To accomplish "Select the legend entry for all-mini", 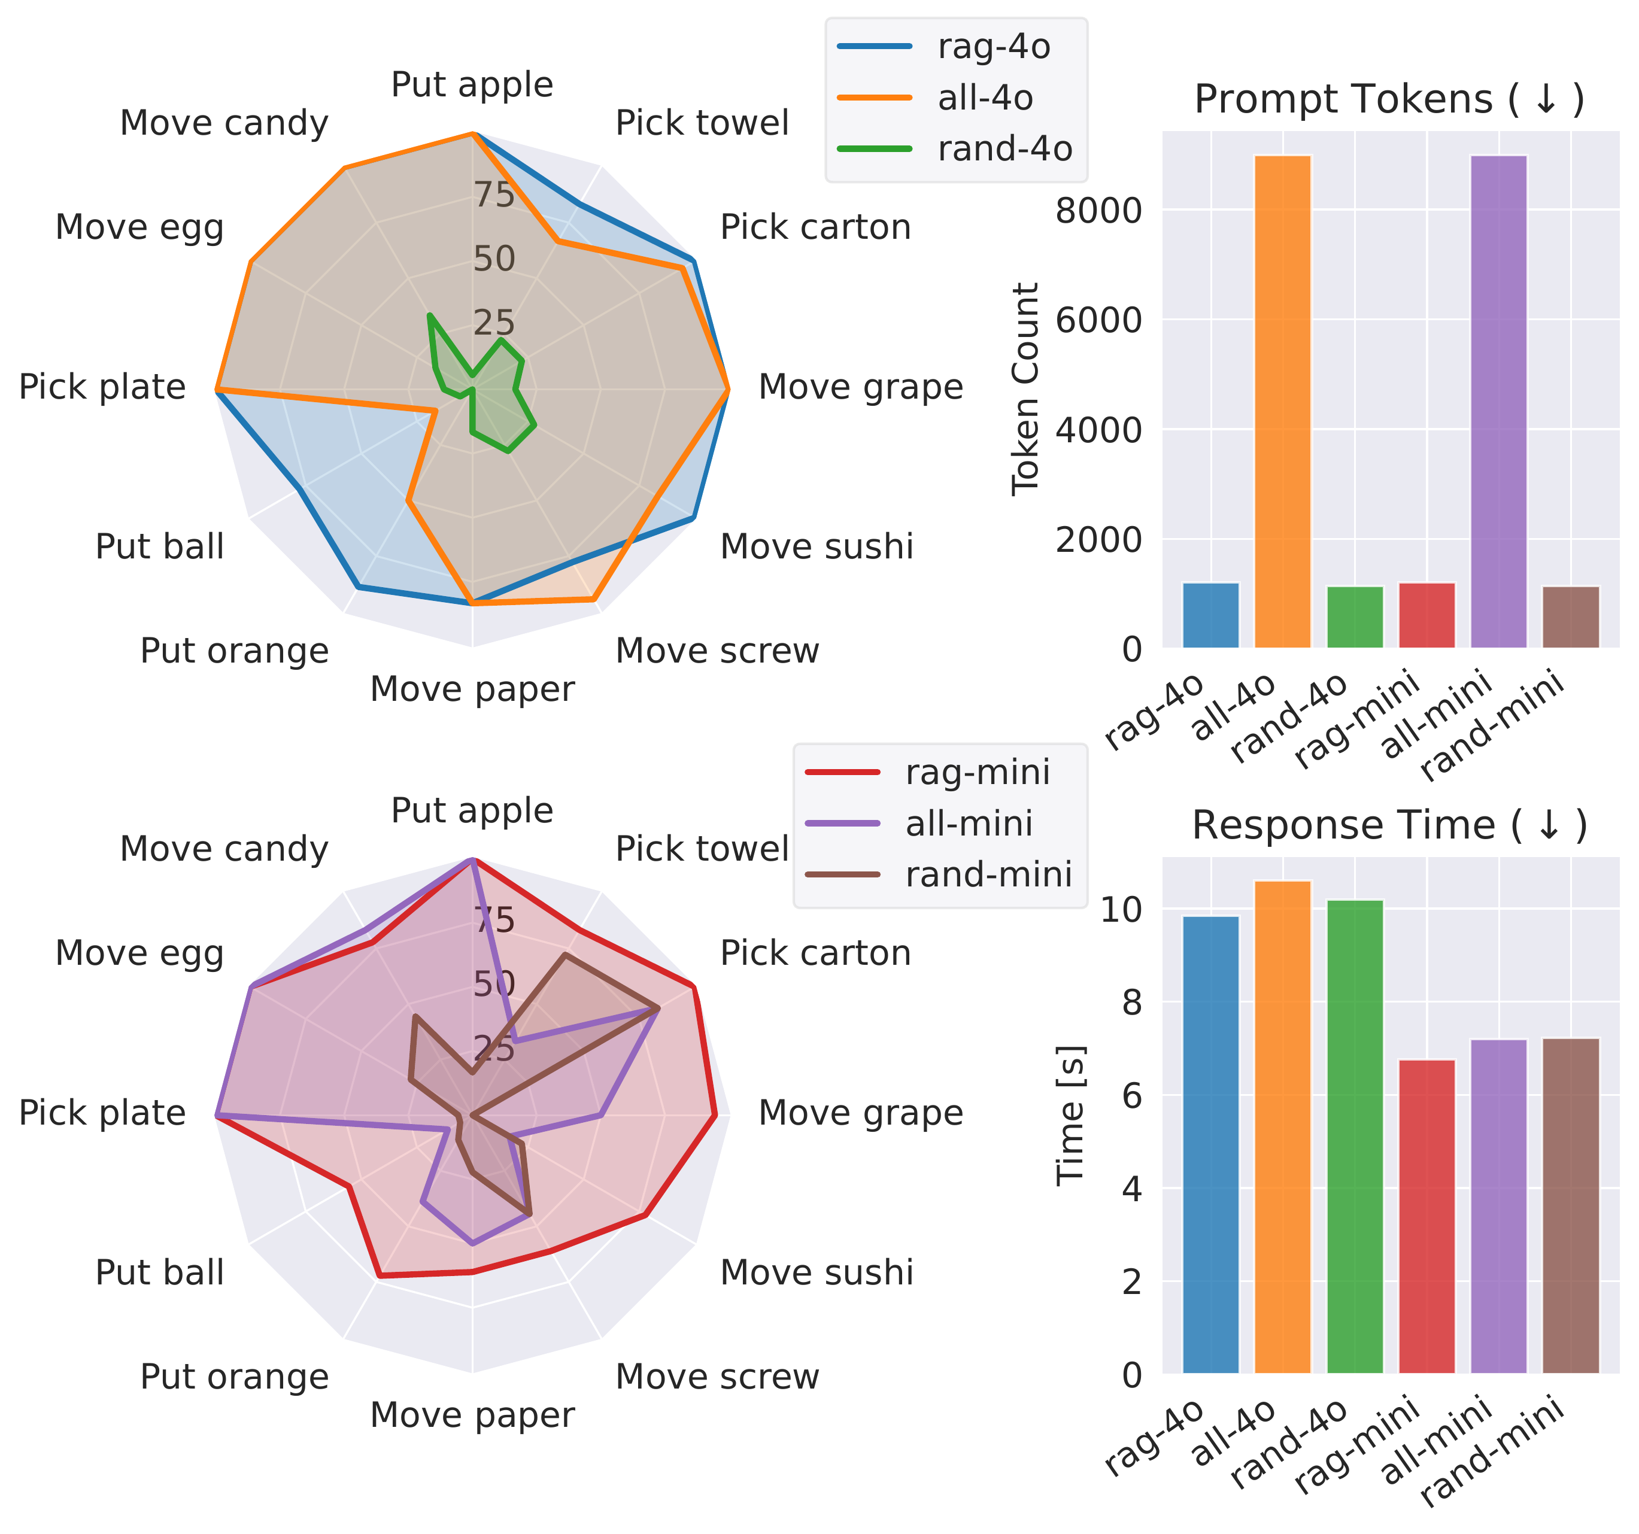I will pos(968,824).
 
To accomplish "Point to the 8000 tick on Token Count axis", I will pos(1098,211).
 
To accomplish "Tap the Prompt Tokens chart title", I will pos(1389,100).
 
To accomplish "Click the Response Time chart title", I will pos(1389,825).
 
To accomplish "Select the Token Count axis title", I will pos(1025,389).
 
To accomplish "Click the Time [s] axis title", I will pos(1070,1115).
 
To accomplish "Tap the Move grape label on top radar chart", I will pos(860,387).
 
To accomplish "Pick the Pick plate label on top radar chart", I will pos(102,387).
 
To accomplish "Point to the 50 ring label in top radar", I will pos(494,259).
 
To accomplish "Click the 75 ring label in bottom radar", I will pos(494,920).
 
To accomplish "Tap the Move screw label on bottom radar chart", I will pos(717,1377).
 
